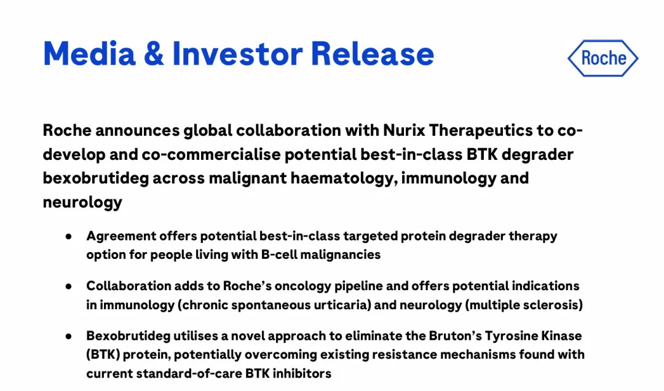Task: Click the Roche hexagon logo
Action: (603, 58)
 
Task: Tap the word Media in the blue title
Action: (89, 54)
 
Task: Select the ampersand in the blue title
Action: (154, 54)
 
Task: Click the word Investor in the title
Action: (237, 54)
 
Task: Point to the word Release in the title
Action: (373, 54)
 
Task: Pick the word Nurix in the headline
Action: (404, 130)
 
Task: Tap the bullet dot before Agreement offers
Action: (69, 236)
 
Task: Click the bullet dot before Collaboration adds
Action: (69, 286)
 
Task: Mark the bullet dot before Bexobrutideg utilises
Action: (69, 337)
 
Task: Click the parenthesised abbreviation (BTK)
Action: (103, 355)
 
